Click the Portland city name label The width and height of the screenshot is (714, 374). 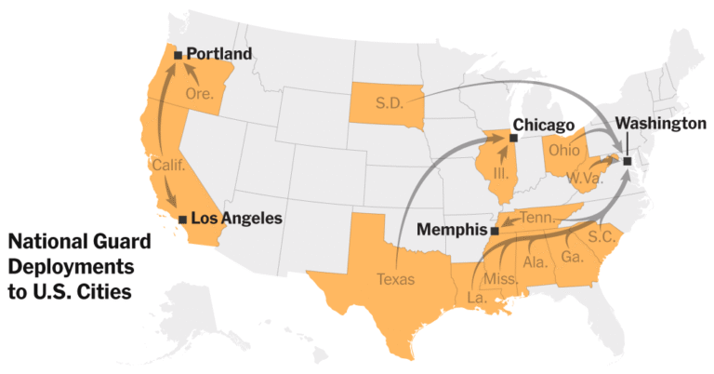[x=219, y=55]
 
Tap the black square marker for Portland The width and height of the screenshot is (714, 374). [x=178, y=56]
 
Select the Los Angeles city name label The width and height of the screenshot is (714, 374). [x=236, y=219]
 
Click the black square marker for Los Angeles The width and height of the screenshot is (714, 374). [x=182, y=220]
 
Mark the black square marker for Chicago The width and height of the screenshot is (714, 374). [x=513, y=138]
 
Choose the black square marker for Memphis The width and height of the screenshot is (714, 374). [x=495, y=230]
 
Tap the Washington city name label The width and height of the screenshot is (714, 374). [x=661, y=123]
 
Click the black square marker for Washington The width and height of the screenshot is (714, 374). [x=628, y=161]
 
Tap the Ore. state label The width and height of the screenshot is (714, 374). [x=200, y=94]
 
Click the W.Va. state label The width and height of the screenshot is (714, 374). [x=583, y=177]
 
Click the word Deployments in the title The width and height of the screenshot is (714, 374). [x=71, y=267]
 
